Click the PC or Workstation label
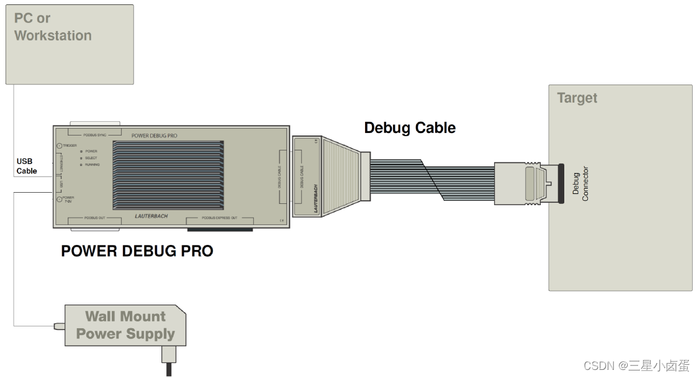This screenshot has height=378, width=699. [53, 27]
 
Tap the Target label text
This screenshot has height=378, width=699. [577, 98]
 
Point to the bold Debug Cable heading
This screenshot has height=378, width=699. [410, 128]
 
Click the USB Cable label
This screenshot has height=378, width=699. [27, 167]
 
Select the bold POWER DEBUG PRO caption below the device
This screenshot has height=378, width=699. [137, 251]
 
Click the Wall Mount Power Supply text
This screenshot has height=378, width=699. [125, 325]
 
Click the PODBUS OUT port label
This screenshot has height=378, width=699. [96, 218]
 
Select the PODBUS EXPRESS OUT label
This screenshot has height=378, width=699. [219, 218]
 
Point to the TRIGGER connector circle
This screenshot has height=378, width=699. [59, 145]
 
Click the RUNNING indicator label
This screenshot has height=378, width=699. [92, 165]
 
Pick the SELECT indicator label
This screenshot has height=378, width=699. [91, 158]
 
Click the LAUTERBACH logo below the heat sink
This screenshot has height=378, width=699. [151, 216]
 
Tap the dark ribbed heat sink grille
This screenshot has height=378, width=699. [168, 175]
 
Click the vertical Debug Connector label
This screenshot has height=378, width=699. [580, 183]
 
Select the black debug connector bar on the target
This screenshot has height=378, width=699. [561, 183]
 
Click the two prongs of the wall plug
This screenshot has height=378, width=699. [168, 368]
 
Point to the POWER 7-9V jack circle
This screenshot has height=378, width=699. [59, 200]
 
